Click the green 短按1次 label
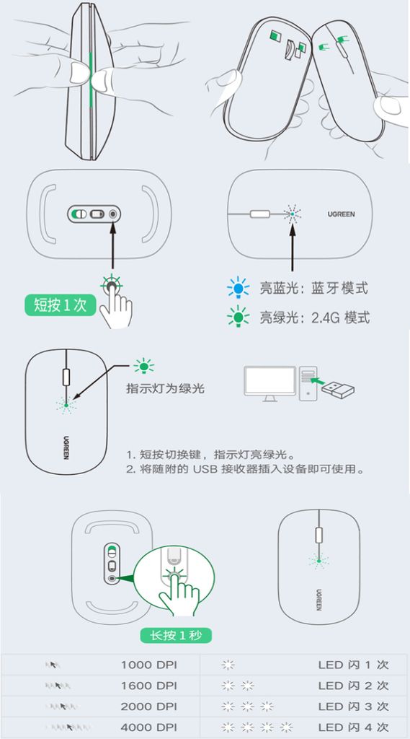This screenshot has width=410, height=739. point(60,305)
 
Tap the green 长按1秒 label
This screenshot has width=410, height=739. point(176,635)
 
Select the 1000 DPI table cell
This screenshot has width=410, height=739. point(148,665)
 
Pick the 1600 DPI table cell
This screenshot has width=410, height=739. point(148,686)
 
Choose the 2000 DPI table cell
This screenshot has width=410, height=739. point(148,706)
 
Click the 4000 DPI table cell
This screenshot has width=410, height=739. point(148,727)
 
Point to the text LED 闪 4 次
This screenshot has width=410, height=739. point(354,727)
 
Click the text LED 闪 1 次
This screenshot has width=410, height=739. point(354,665)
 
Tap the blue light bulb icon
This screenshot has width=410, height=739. point(239,287)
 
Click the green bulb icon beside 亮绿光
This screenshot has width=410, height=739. point(239,316)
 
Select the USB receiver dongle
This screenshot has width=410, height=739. point(338,389)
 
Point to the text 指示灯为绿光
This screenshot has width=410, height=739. point(165,388)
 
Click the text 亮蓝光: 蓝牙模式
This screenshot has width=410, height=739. point(313,288)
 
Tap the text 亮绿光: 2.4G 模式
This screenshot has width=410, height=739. point(314,318)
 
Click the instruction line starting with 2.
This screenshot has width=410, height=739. point(245,469)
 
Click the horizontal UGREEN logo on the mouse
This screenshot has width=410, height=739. point(342,214)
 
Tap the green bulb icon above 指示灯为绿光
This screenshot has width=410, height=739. point(144,366)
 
